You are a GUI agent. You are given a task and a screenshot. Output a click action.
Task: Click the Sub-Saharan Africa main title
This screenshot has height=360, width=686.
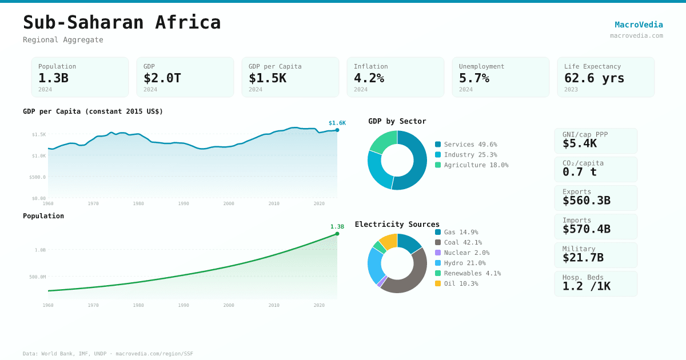122,22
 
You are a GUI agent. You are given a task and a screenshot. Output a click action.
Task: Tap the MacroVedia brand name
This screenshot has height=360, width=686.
639,25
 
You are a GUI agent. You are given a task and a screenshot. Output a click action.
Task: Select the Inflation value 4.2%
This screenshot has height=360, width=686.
369,78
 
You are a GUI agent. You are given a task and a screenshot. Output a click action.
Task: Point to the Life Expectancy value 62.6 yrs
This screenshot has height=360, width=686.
594,78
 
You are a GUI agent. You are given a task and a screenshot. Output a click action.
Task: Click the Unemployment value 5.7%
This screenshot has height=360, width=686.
474,78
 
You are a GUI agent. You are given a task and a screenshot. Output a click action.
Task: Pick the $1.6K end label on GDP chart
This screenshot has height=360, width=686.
337,123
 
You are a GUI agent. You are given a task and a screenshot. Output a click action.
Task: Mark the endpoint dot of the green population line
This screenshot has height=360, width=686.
337,234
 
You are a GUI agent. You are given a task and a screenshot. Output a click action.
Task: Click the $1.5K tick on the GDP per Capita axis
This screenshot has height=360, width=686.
39,134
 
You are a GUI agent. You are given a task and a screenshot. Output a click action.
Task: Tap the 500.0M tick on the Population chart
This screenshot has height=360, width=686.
38,277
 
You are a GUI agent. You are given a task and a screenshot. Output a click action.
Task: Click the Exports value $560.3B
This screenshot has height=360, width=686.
586,201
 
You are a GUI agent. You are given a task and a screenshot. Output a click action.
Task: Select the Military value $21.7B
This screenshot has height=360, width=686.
583,258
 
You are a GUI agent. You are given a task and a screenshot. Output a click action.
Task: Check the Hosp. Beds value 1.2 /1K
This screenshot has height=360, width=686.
586,286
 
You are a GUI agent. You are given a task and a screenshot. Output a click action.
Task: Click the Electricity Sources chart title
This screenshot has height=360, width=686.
397,224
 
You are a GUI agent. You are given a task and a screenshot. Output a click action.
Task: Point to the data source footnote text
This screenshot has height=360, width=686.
108,354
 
